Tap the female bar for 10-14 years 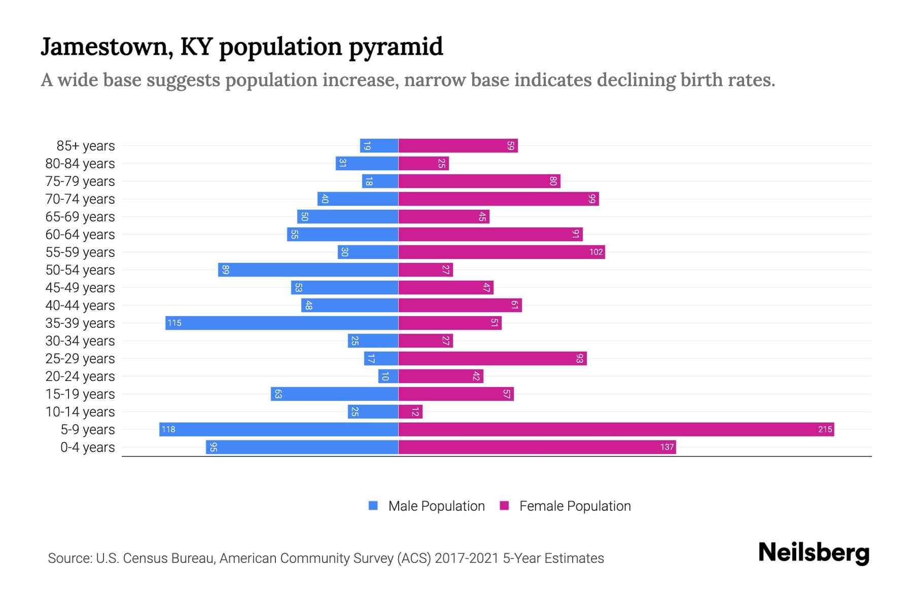(410, 411)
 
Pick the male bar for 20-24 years (388, 376)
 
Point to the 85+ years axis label (86, 146)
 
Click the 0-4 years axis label (87, 447)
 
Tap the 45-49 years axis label (80, 288)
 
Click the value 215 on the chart (825, 430)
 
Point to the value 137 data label (667, 447)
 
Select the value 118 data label (168, 430)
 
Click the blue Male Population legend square (373, 506)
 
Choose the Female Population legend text (575, 506)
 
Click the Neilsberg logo (814, 553)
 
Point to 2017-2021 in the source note (467, 558)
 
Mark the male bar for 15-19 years (334, 394)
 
